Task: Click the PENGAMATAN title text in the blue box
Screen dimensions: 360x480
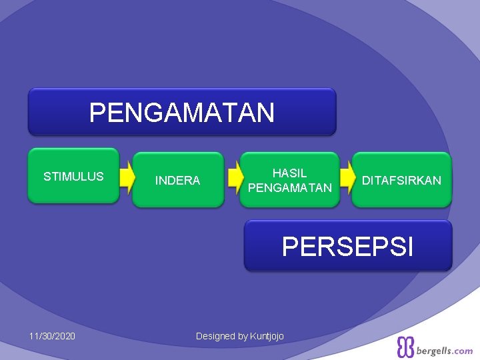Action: click(x=181, y=113)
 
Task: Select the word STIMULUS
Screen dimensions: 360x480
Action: click(x=73, y=177)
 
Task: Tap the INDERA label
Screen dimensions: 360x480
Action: click(x=177, y=181)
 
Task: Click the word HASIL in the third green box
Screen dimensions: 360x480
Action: click(x=289, y=173)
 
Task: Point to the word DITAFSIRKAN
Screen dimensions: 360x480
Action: click(x=401, y=181)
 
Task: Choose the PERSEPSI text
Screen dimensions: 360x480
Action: click(x=347, y=246)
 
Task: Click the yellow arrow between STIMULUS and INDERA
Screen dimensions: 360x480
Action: click(x=127, y=177)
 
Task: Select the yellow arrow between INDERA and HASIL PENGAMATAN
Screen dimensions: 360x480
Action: click(x=233, y=178)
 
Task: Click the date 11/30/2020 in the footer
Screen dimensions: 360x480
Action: click(x=52, y=335)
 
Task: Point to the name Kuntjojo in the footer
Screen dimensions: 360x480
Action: click(x=267, y=336)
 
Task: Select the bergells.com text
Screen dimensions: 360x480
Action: click(x=445, y=351)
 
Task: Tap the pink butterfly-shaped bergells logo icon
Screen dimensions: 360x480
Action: click(x=405, y=347)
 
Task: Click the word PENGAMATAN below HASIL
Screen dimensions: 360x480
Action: click(x=289, y=188)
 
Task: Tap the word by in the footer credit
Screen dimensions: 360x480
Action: click(x=243, y=336)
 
